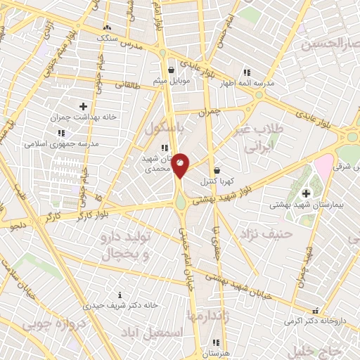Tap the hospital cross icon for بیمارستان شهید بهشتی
pyautogui.click(x=305, y=193)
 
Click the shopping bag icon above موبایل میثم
pyautogui.click(x=172, y=70)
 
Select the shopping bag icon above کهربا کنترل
pyautogui.click(x=217, y=170)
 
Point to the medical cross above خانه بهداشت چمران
pyautogui.click(x=83, y=105)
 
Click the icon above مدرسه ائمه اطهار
pyautogui.click(x=246, y=72)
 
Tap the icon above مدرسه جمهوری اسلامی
pyautogui.click(x=61, y=132)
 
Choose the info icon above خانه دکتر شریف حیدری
pyautogui.click(x=120, y=295)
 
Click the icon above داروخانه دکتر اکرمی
pyautogui.click(x=315, y=309)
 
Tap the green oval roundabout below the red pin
pyautogui.click(x=181, y=202)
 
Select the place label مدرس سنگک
pyautogui.click(x=113, y=37)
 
